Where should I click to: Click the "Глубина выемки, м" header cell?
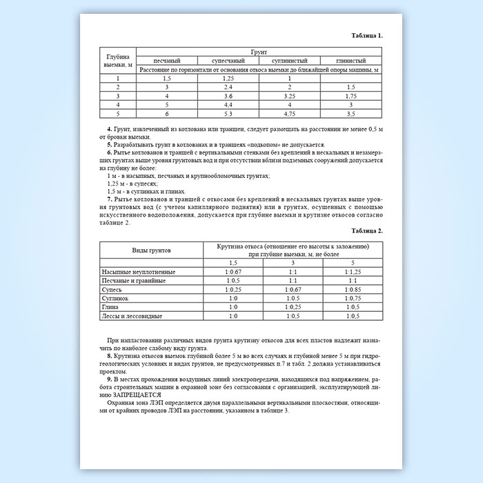tap(118, 60)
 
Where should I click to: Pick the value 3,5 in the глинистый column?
tap(351, 112)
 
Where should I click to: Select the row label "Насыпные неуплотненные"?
tap(134, 273)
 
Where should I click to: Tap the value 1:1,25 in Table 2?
tap(353, 273)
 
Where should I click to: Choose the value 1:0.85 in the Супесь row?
tap(353, 290)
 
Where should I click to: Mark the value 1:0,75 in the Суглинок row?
tap(353, 298)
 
